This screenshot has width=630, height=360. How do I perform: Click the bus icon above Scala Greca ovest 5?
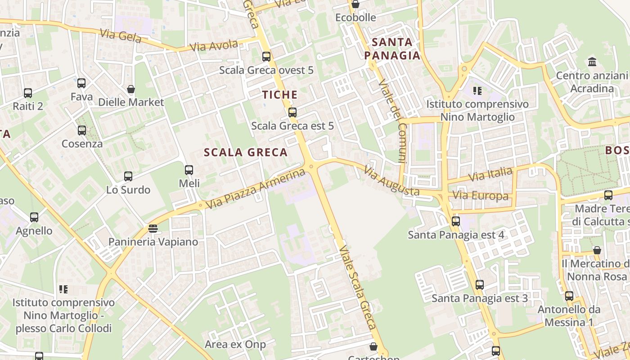pos(266,57)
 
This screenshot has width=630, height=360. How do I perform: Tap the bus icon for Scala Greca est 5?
pos(292,112)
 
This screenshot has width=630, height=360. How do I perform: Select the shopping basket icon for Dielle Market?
pos(131,89)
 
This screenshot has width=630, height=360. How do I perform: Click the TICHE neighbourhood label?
pos(280,95)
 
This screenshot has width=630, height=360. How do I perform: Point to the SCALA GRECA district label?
pos(246,153)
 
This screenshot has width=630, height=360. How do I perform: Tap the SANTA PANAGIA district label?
pos(392,49)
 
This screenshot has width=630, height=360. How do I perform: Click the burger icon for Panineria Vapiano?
pos(153,229)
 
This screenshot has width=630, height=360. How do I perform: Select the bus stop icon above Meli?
pos(189,170)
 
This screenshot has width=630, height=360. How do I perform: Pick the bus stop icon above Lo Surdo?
pos(128,176)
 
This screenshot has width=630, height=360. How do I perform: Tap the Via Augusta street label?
pos(391,182)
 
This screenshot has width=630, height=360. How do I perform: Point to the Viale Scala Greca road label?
pos(358,288)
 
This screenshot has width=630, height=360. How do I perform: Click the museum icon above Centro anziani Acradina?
pos(592,62)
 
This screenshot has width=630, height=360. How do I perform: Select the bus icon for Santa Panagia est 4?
pos(456,221)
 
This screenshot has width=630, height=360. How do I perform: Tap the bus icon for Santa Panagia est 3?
pos(480,285)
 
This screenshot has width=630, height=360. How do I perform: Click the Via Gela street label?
pos(120,36)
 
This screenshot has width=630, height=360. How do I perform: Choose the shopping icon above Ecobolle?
pos(355,4)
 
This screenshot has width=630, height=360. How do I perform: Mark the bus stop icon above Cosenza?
pos(82,130)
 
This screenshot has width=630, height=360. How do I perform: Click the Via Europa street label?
pos(481,196)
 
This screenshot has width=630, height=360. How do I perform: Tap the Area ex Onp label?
pos(235,345)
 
